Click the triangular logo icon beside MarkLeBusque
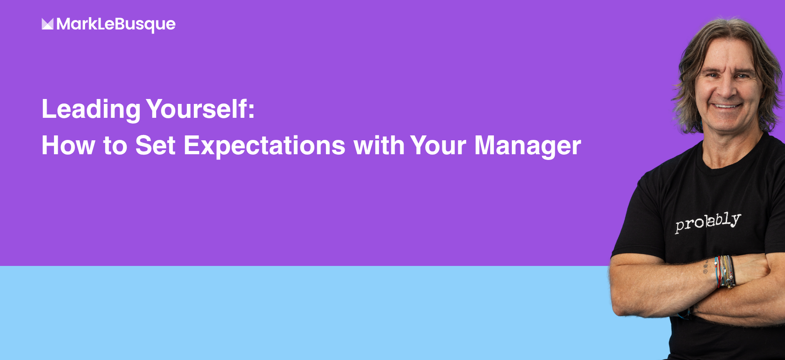(x=47, y=24)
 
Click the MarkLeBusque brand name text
(x=116, y=25)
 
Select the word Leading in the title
(x=91, y=110)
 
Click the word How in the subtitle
(x=68, y=145)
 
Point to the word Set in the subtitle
(x=155, y=145)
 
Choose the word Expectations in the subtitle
(x=265, y=146)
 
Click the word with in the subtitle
(x=379, y=145)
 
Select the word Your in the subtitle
(x=438, y=145)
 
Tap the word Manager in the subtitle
(x=528, y=146)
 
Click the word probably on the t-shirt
(x=708, y=222)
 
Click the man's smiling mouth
(x=727, y=106)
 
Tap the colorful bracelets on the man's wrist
(x=725, y=271)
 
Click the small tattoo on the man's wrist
(x=705, y=267)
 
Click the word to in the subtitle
(x=115, y=146)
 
